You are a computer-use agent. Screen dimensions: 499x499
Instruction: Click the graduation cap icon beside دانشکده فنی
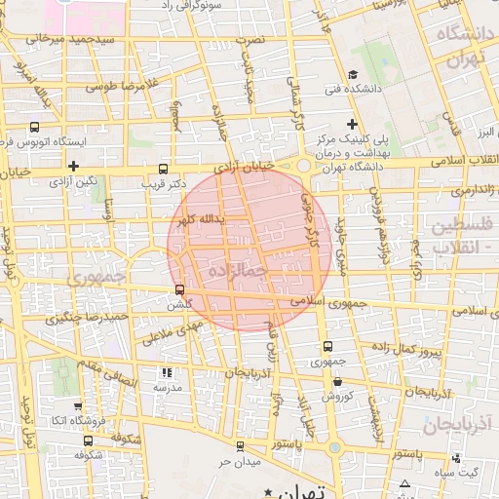[352, 74]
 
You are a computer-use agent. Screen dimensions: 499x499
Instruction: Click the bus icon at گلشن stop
[178, 289]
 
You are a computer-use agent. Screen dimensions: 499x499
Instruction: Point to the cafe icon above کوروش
[335, 380]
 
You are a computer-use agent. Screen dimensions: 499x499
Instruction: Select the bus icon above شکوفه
[77, 439]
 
